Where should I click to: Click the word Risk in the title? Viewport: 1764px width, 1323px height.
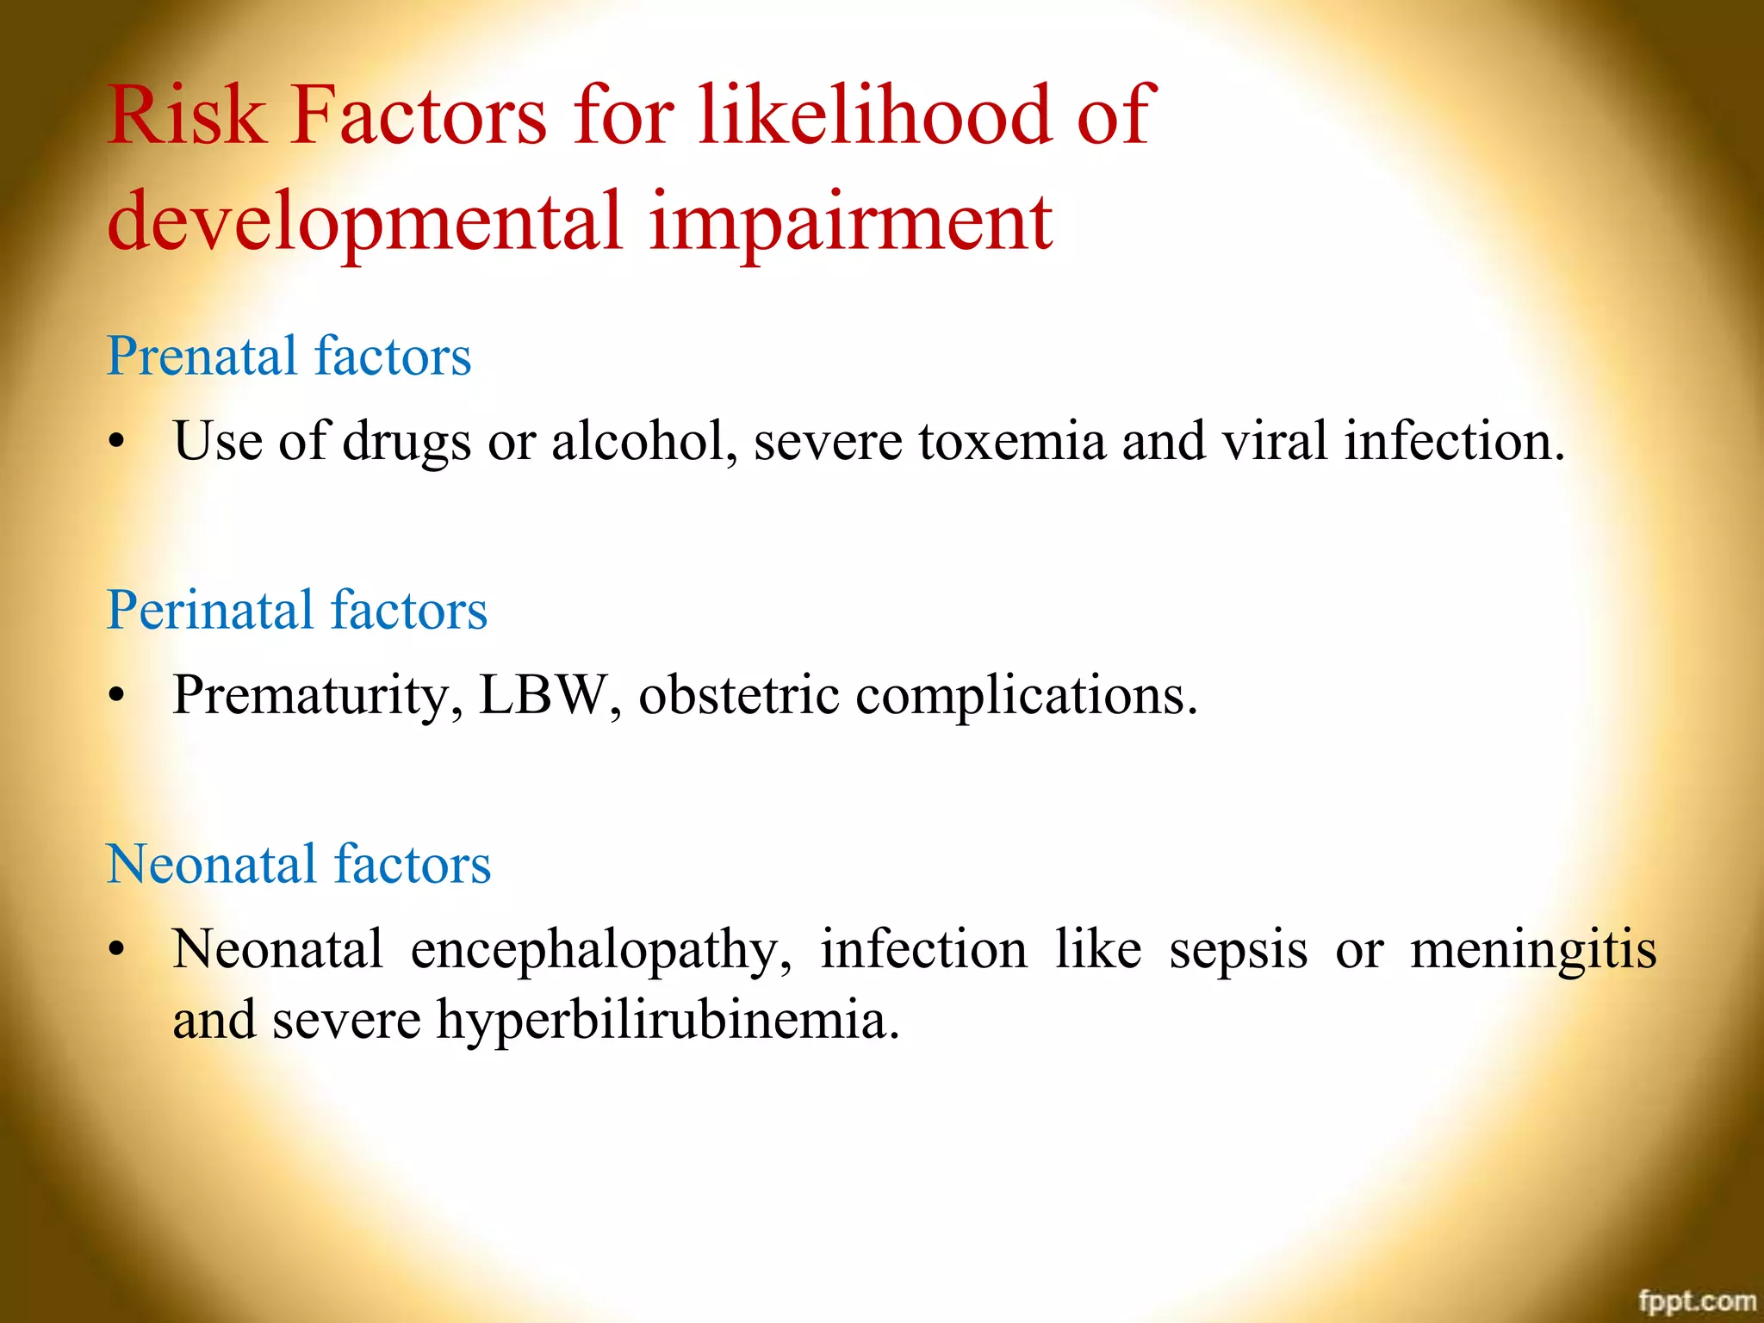pos(185,115)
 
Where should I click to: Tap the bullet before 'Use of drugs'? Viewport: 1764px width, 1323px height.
pos(117,443)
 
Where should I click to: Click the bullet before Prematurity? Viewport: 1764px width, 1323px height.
pos(117,696)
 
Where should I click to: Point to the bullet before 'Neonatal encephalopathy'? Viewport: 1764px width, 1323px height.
pos(117,950)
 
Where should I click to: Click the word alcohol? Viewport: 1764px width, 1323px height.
pos(643,441)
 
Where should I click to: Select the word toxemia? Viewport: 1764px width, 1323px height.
pos(1011,441)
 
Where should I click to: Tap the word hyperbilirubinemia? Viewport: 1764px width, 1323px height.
pos(668,1021)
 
